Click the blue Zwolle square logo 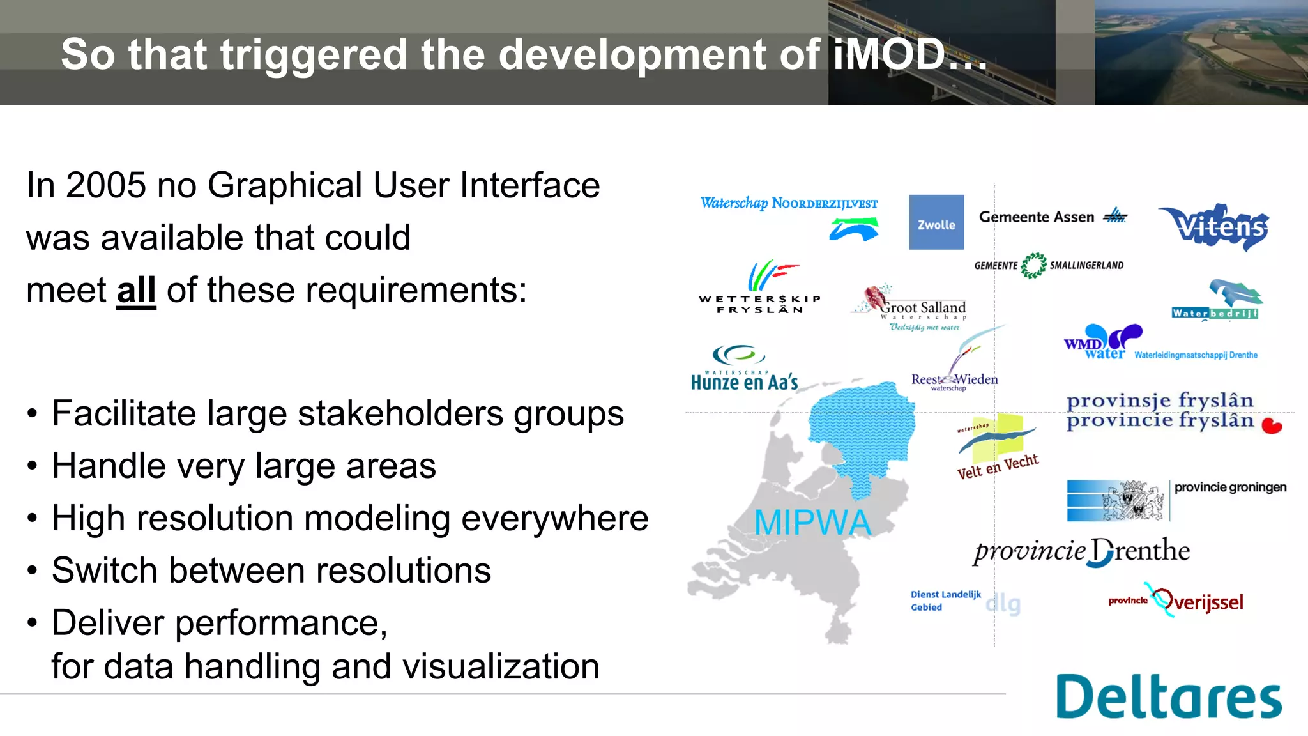[x=936, y=222]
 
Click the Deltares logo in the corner [x=1168, y=697]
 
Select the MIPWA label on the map [x=812, y=523]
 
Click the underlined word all [x=136, y=290]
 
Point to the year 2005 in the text [x=106, y=185]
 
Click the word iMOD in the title [x=890, y=54]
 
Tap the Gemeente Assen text [x=1037, y=217]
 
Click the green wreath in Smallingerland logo [x=1033, y=265]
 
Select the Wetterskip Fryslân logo [x=760, y=287]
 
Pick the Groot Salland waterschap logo [x=913, y=308]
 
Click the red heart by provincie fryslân [x=1272, y=426]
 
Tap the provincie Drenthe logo [x=1082, y=551]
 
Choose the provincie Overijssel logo [x=1176, y=601]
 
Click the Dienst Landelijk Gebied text [x=945, y=601]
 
